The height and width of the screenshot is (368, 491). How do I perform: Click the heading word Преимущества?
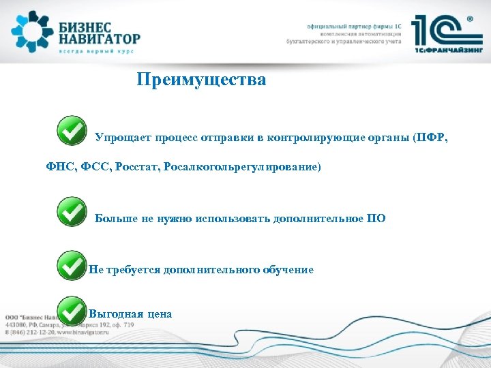201,80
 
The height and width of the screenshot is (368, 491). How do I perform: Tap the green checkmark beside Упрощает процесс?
72,130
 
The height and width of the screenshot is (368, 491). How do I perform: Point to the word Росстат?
137,166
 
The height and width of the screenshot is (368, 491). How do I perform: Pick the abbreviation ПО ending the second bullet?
376,219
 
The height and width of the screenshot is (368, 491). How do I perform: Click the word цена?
158,314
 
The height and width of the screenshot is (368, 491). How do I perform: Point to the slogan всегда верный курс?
95,51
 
